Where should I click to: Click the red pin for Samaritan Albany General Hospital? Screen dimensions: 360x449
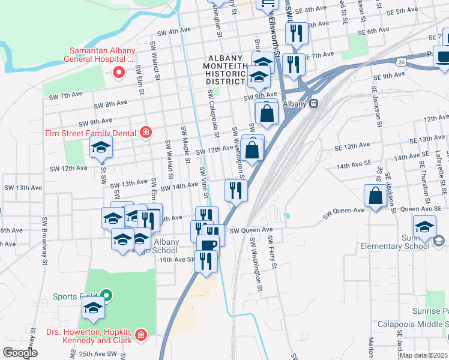pos(118,73)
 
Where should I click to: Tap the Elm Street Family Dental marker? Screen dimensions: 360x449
pos(145,133)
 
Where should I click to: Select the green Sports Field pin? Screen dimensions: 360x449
pos(106,295)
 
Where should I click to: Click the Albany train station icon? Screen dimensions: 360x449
pos(313,103)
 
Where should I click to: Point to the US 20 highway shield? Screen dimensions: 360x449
pos(400,62)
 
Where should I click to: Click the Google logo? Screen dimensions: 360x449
pos(20,352)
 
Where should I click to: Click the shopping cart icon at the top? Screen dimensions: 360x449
pos(268,4)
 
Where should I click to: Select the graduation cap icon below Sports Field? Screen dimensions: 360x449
pos(93,309)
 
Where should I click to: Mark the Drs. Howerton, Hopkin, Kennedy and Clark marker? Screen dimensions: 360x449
pos(140,334)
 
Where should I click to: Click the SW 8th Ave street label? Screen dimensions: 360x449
pos(109,105)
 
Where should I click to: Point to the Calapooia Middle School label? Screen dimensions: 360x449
pos(413,324)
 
